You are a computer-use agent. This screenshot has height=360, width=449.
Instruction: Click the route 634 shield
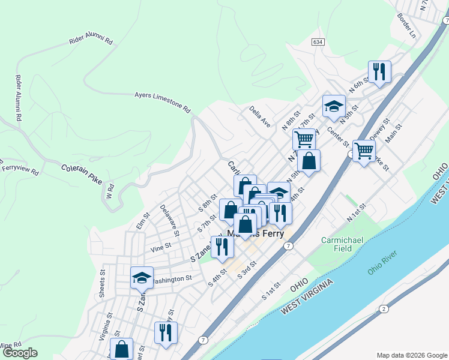point(318,42)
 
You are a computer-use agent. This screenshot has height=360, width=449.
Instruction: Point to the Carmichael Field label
point(343,243)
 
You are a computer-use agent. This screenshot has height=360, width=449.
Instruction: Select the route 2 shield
point(384,308)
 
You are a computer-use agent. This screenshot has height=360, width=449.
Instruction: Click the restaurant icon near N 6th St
point(379,72)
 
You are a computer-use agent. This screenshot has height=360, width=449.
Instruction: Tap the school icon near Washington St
point(142,278)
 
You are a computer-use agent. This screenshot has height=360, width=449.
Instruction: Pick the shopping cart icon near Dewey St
point(364,151)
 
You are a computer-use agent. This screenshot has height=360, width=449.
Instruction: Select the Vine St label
point(161,246)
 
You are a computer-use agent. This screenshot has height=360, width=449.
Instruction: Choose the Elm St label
point(143,220)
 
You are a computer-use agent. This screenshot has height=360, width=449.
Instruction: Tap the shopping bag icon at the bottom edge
point(121,349)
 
